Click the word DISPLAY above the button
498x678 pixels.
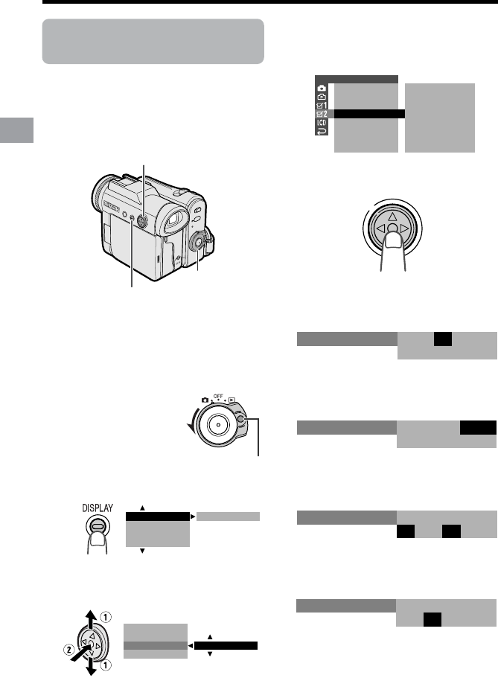click(x=98, y=508)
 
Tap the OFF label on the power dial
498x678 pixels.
click(x=218, y=396)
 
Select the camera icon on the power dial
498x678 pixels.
click(x=205, y=400)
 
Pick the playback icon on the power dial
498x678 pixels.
click(x=232, y=400)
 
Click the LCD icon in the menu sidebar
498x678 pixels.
click(x=322, y=123)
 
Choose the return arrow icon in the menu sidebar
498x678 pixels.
click(x=322, y=132)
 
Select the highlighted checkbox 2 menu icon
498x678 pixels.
click(x=322, y=114)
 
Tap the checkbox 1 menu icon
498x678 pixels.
click(x=322, y=106)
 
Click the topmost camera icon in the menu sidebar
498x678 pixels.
click(x=322, y=89)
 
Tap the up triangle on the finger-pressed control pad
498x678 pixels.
click(x=392, y=217)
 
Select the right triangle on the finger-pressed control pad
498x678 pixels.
click(x=404, y=228)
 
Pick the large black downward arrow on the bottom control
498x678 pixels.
click(x=92, y=667)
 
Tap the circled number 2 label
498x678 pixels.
click(x=69, y=650)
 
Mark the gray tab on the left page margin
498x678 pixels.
click(x=16, y=130)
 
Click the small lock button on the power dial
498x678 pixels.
click(x=242, y=419)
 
